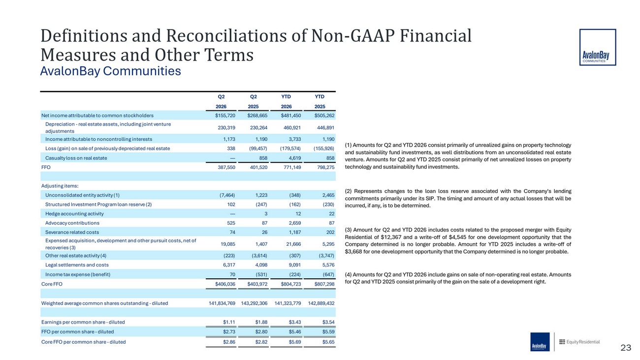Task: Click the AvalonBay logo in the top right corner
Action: pyautogui.click(x=598, y=47)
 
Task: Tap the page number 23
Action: pyautogui.click(x=626, y=348)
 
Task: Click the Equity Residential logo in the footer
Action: pyautogui.click(x=579, y=342)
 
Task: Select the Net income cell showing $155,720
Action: pyautogui.click(x=225, y=115)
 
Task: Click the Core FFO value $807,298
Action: pyautogui.click(x=324, y=284)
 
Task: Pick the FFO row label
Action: pyautogui.click(x=46, y=167)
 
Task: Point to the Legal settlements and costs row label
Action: pyautogui.click(x=77, y=265)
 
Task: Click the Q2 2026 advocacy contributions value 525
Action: pyautogui.click(x=231, y=223)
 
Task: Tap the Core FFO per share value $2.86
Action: pyautogui.click(x=229, y=342)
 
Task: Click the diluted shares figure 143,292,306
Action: pyautogui.click(x=254, y=303)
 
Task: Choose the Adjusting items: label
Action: pyautogui.click(x=60, y=186)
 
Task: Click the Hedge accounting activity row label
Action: pyautogui.click(x=74, y=214)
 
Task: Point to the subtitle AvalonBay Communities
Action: pyautogui.click(x=110, y=71)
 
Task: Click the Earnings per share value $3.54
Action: pyautogui.click(x=328, y=322)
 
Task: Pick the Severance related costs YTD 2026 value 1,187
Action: pyautogui.click(x=294, y=232)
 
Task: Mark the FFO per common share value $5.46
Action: pyautogui.click(x=295, y=332)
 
